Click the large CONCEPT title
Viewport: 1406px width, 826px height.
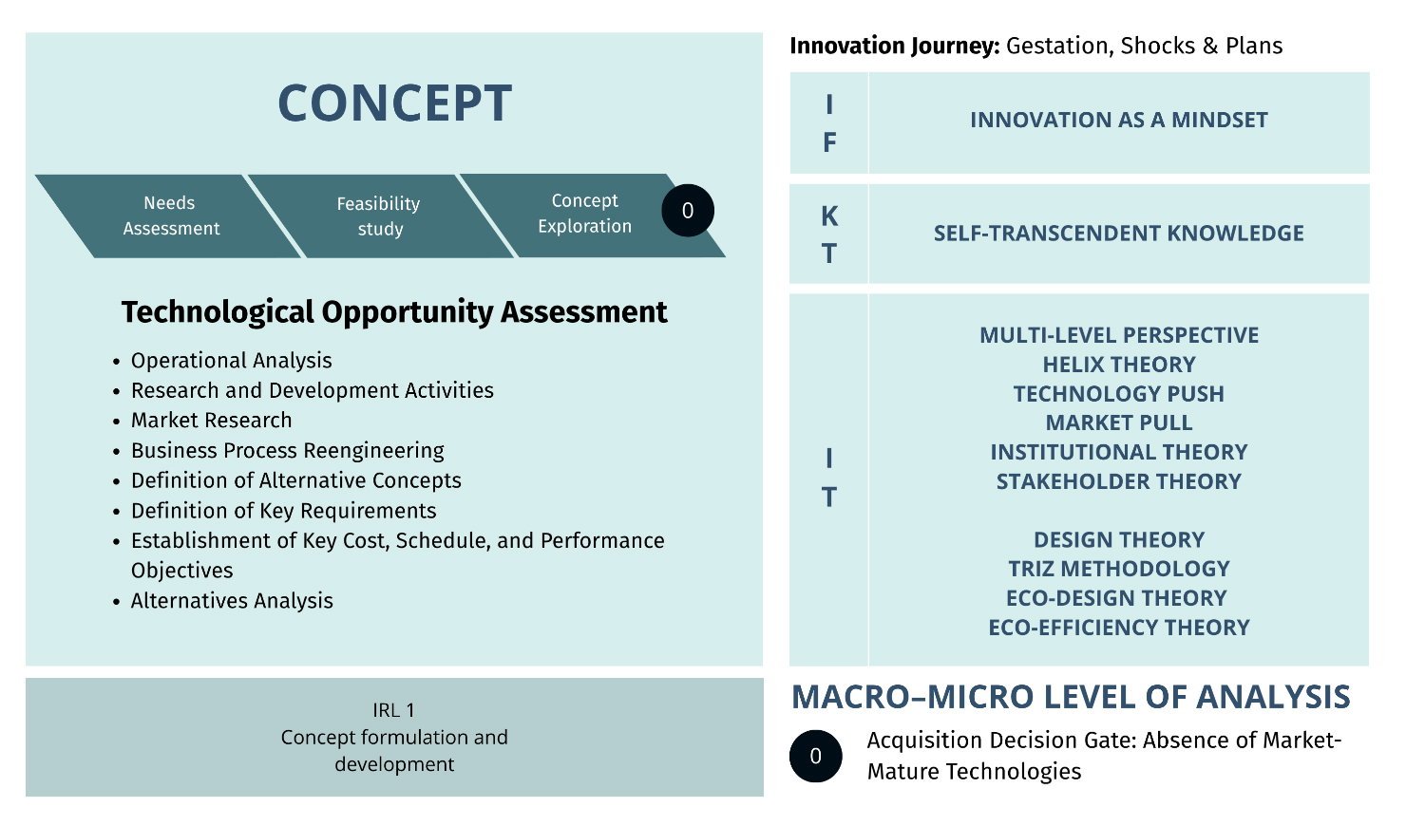(x=395, y=103)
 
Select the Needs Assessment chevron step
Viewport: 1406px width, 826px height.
(x=168, y=216)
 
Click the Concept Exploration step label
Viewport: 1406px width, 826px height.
(x=584, y=214)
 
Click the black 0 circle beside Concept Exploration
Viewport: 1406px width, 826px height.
(x=688, y=210)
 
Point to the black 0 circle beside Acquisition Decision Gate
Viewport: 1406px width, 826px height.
(x=816, y=756)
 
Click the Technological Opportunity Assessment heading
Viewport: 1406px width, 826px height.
(x=394, y=312)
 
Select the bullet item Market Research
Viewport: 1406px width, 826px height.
(x=212, y=421)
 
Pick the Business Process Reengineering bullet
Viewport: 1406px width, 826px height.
(x=288, y=451)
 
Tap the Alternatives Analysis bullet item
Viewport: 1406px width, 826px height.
(x=232, y=601)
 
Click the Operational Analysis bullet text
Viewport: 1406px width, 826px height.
(x=231, y=361)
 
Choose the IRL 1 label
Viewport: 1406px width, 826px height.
(x=393, y=710)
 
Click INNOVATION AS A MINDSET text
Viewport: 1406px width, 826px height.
(x=1119, y=120)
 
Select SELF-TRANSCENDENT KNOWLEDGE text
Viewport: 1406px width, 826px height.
(x=1118, y=234)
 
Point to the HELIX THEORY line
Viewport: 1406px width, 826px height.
(x=1119, y=365)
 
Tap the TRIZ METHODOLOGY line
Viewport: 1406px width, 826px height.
(x=1119, y=569)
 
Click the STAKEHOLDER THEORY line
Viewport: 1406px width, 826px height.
(x=1119, y=481)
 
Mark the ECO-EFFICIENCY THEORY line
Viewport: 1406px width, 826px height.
(x=1119, y=628)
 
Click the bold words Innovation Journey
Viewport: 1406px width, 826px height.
(x=895, y=47)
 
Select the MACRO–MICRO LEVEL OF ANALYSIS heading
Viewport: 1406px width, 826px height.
(x=1071, y=697)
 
